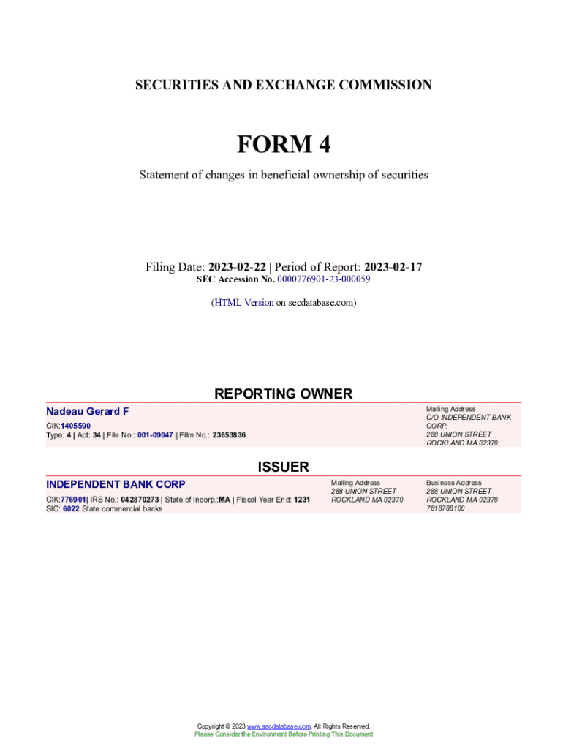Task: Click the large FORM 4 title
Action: [x=283, y=145]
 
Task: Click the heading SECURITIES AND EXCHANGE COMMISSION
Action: [x=283, y=85]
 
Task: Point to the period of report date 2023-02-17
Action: [x=393, y=267]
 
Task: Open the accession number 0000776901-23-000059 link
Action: [x=323, y=279]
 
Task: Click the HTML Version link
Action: [x=243, y=302]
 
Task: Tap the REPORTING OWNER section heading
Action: [x=283, y=394]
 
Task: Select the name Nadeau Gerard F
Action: [x=87, y=412]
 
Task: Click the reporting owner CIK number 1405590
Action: [x=76, y=426]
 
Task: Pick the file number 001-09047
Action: [x=155, y=435]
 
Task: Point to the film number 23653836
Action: [x=229, y=435]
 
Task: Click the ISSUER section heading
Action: [x=283, y=467]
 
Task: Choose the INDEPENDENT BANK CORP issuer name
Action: [x=116, y=484]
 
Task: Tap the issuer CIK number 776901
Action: [x=73, y=500]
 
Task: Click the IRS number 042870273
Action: [x=140, y=500]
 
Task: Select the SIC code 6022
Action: [x=70, y=509]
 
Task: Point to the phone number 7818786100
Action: [x=445, y=508]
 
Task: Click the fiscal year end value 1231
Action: [x=302, y=500]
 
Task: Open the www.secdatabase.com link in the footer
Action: [x=279, y=726]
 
